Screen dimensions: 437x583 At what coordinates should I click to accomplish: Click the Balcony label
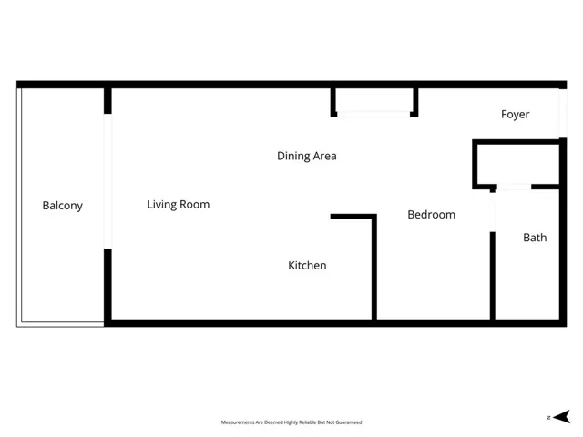point(62,206)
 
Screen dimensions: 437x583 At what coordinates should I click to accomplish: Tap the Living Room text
point(179,205)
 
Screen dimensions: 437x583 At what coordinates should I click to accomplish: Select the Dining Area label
point(306,156)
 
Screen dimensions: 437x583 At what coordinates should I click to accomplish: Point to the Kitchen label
point(307,266)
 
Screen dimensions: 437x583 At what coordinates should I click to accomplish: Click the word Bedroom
point(431,215)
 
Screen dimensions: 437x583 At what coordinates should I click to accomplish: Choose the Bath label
point(535,238)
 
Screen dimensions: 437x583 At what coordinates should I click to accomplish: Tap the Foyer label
point(515,115)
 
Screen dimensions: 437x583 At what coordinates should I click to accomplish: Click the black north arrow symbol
point(562,417)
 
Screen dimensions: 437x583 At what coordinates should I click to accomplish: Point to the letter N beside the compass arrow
point(548,417)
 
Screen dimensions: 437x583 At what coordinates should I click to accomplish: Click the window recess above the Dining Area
point(374,102)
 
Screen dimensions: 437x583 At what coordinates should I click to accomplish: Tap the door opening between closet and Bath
point(514,187)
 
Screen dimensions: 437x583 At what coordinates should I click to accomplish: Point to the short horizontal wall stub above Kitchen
point(352,217)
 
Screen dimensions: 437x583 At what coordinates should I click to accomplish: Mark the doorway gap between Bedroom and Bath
point(493,211)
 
